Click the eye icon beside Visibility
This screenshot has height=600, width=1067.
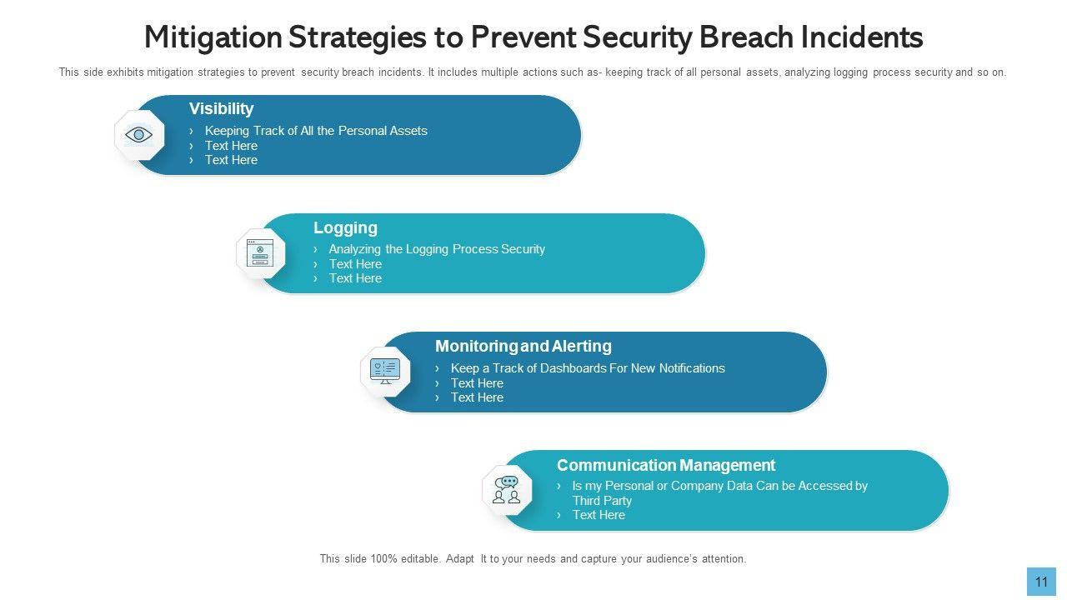[138, 135]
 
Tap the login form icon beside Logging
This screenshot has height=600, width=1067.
[260, 252]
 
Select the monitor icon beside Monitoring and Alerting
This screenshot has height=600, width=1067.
[385, 372]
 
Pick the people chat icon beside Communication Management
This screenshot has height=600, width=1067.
[506, 490]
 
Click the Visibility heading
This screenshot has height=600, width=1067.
[221, 108]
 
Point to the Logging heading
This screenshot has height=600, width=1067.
[345, 227]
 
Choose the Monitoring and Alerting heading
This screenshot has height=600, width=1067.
[523, 346]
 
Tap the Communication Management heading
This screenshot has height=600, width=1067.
[666, 465]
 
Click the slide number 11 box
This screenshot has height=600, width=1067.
[1041, 582]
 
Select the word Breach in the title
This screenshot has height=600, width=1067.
[746, 37]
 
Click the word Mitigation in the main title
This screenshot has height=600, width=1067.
[213, 38]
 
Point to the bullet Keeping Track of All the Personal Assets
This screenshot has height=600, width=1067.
[316, 131]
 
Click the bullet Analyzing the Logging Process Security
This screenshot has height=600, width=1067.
[437, 249]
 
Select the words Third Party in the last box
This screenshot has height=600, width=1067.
[602, 501]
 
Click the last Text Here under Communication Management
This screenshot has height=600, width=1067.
[599, 515]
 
